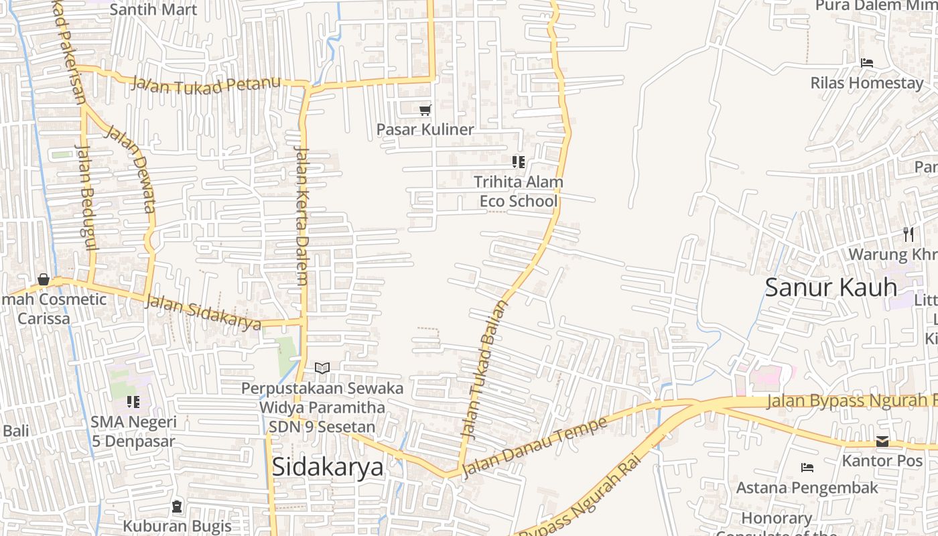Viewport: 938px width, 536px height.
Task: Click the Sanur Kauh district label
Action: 831,287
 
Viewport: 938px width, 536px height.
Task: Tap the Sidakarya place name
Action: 328,467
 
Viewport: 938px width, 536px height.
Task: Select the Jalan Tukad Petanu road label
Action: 205,84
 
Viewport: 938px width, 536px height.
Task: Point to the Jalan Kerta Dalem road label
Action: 302,216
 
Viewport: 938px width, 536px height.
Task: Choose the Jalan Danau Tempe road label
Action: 534,447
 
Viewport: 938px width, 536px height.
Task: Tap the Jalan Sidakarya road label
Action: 204,313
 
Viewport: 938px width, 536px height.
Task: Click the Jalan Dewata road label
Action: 131,169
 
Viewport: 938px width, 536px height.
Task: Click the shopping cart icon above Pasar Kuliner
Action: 425,110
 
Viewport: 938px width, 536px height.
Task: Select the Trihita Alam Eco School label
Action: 519,192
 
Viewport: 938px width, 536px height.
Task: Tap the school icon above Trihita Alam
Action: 518,162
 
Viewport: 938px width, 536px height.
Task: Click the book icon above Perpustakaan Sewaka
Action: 322,368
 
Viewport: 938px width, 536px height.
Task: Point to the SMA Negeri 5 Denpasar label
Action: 133,431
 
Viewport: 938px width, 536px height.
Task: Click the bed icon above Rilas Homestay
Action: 867,63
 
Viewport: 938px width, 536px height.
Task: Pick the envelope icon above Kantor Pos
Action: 882,442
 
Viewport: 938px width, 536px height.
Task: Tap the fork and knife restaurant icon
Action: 909,234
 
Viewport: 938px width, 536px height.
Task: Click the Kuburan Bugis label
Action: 177,526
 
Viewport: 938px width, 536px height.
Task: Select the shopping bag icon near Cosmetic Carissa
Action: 44,279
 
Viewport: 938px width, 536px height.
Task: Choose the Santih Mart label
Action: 153,9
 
